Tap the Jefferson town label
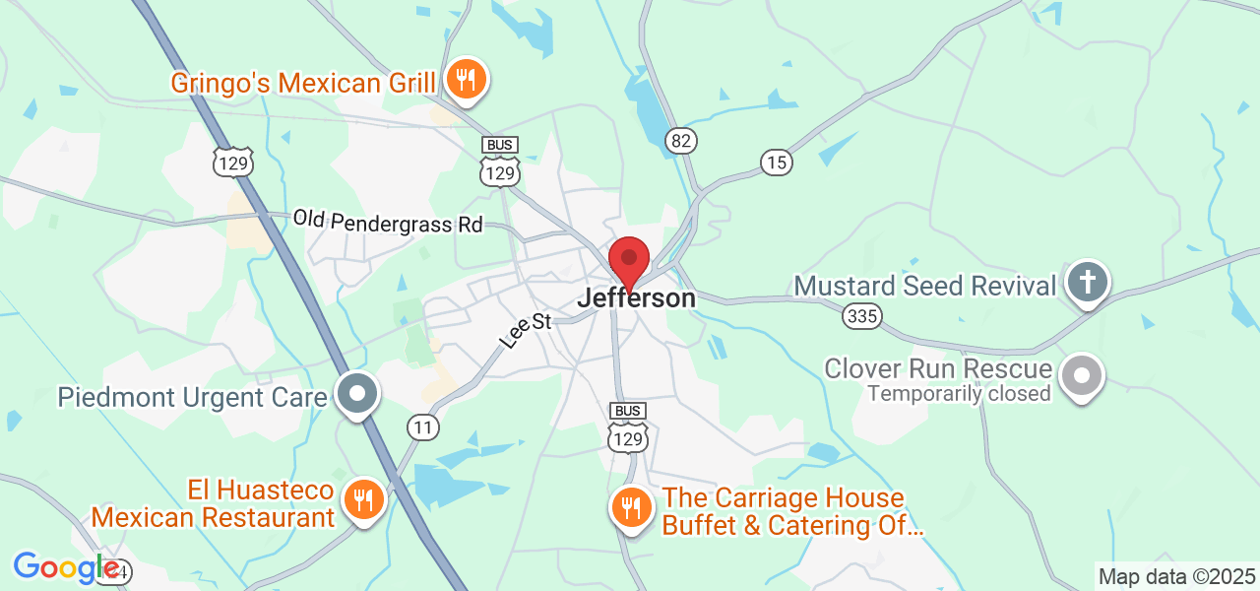(x=637, y=297)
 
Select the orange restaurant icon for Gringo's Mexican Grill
(x=466, y=79)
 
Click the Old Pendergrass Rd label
(x=388, y=222)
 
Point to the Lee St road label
(x=526, y=330)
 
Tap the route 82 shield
(x=680, y=141)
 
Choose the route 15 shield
(x=777, y=163)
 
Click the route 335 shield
(x=862, y=316)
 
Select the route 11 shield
(x=423, y=427)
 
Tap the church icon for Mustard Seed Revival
(x=1087, y=282)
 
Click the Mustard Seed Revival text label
(x=924, y=287)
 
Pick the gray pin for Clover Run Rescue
(x=1082, y=374)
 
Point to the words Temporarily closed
(x=959, y=394)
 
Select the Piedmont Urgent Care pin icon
(x=356, y=394)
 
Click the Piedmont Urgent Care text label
(x=192, y=398)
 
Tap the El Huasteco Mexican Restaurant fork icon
(x=364, y=500)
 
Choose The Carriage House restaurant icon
(x=630, y=508)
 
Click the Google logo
(x=67, y=567)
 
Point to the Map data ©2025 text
(x=1177, y=576)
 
